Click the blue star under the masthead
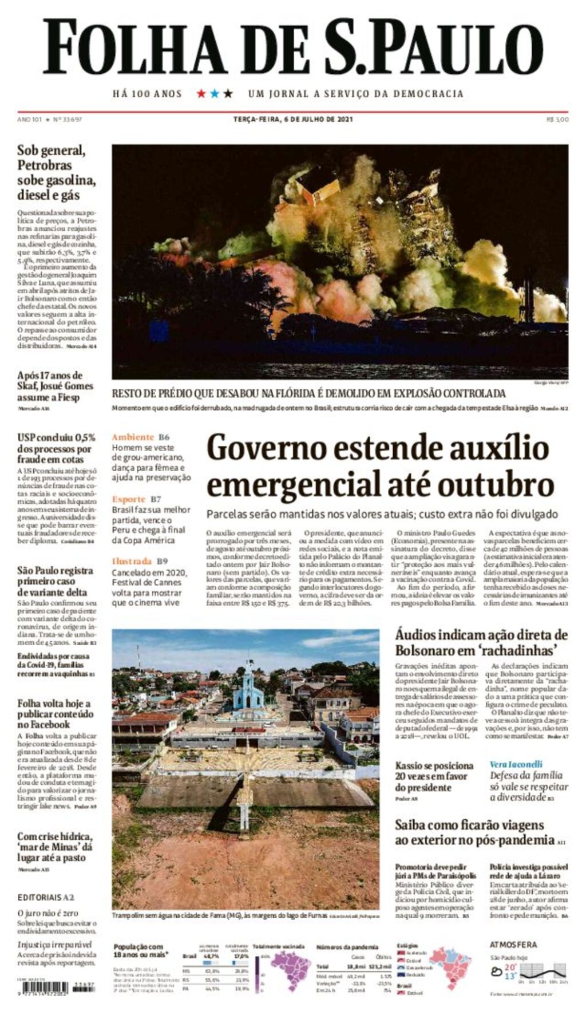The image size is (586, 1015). pos(215,93)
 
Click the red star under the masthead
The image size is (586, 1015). pos(201,93)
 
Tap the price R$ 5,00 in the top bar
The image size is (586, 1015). pos(557,120)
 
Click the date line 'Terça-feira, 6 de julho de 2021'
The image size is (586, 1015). pos(293,120)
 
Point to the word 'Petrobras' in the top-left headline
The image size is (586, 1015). pos(45,165)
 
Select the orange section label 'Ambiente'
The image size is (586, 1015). pos(133,437)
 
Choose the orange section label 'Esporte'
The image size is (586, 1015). pos(129,499)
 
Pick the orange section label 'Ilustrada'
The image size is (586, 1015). pos(132,561)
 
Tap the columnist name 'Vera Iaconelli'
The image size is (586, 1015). pos(516,764)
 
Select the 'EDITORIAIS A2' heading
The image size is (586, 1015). pos(46,898)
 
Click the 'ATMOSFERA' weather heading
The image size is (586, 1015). pos(513,945)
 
